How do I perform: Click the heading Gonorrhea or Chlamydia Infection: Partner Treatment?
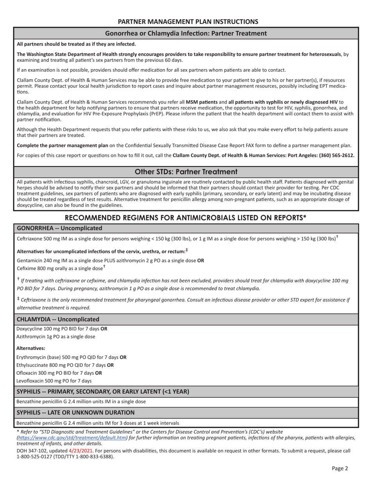click(x=186, y=33)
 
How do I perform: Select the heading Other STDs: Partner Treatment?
click(x=186, y=172)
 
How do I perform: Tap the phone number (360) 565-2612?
click(x=336, y=155)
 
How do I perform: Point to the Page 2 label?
click(x=340, y=468)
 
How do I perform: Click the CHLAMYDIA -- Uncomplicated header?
click(x=58, y=319)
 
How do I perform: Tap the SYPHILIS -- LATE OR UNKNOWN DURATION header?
click(x=75, y=412)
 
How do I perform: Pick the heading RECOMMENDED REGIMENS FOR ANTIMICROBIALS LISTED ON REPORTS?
click(x=186, y=217)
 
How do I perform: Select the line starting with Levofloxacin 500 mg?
click(x=54, y=380)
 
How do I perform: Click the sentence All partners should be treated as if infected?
click(x=76, y=44)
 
